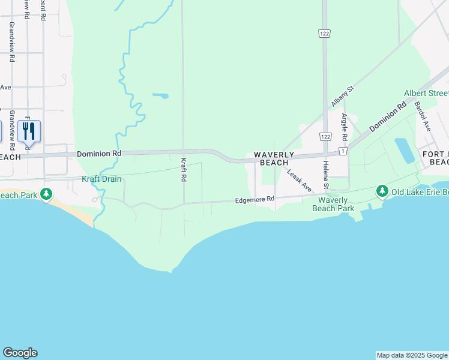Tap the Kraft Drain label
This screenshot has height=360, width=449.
coord(101,179)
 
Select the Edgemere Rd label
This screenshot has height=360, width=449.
coord(255,199)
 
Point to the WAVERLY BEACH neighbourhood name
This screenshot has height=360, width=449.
coord(274,158)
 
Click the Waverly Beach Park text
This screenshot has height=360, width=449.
coord(333,204)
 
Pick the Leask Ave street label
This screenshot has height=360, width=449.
coord(298,180)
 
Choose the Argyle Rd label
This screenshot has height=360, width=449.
coord(345,127)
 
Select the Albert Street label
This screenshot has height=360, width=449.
coord(426,93)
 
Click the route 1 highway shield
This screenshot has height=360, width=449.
coord(342,151)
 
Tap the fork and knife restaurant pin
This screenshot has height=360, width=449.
coord(29,130)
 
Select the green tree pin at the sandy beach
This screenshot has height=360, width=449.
coord(46,194)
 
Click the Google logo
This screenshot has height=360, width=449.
coord(20,353)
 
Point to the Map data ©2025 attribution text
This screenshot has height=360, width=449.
coord(412,355)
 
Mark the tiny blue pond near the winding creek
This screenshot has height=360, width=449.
coord(160,95)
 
